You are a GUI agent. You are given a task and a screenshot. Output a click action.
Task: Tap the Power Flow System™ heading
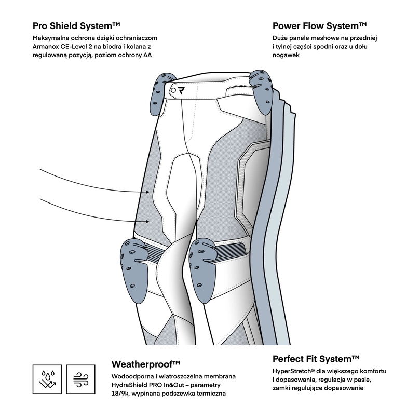click(319, 25)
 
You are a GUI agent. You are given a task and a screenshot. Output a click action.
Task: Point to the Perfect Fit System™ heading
click(316, 359)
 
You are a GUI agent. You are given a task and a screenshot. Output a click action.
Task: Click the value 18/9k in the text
click(121, 394)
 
